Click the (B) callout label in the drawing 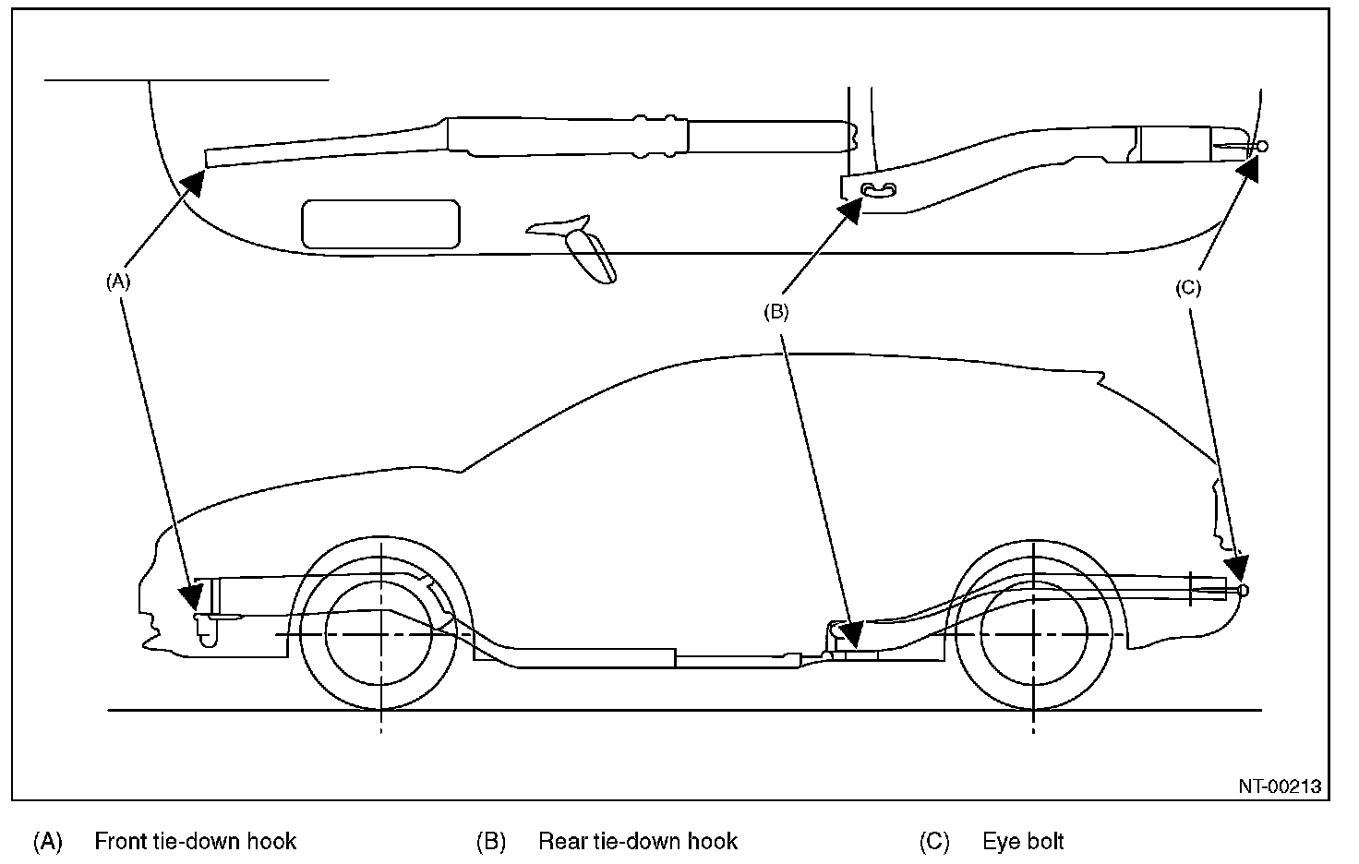[776, 312]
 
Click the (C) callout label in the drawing [1188, 288]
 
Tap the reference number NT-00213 [1280, 786]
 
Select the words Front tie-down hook [196, 842]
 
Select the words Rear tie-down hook [638, 842]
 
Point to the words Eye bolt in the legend [1023, 842]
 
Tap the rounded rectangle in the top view [381, 224]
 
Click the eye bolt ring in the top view [1262, 146]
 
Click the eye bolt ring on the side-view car [1243, 590]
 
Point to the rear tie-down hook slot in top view [878, 189]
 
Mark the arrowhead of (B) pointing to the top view [850, 210]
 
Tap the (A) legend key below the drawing [47, 842]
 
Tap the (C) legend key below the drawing [934, 842]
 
